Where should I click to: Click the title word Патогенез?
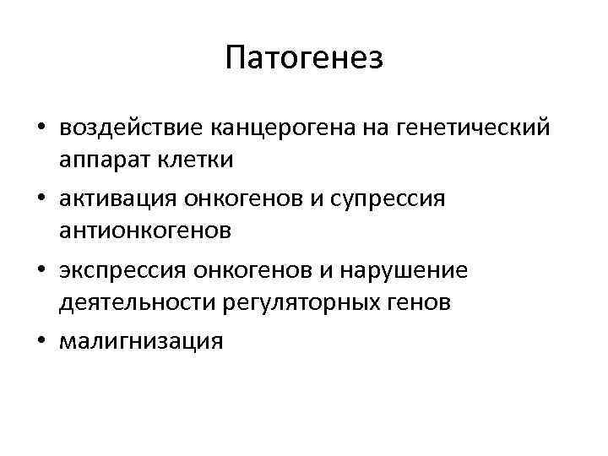[x=304, y=58]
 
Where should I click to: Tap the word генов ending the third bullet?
[x=421, y=301]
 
